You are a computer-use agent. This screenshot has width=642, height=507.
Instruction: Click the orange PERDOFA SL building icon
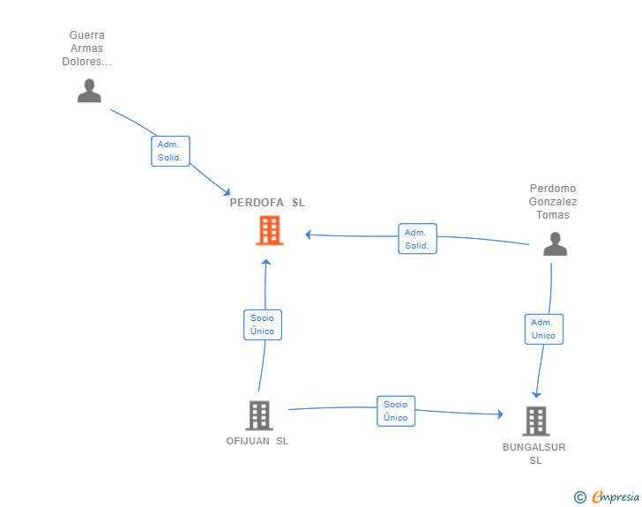pos(270,230)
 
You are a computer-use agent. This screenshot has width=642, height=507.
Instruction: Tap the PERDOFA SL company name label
pos(267,203)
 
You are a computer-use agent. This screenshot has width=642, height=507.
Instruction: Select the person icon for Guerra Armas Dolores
pos(89,91)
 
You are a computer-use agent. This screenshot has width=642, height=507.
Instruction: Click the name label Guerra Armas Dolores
pos(86,48)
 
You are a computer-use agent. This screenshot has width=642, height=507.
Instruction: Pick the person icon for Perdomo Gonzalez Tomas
pos(556,243)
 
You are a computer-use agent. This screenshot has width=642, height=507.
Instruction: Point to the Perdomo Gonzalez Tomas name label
pos(553,202)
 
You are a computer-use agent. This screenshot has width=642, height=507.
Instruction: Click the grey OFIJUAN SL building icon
pos(259,415)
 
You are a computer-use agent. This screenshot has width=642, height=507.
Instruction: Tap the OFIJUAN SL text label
pos(258,441)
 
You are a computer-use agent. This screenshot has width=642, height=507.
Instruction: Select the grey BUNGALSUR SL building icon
pos(536,421)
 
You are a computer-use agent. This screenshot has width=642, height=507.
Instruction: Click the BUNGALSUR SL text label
pos(534,453)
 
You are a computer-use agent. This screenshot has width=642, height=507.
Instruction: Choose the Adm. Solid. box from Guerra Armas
pos(170,151)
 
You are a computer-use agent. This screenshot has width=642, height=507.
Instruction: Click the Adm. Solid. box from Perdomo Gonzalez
pos(418,239)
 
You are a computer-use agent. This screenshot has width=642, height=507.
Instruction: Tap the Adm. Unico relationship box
pos(544,329)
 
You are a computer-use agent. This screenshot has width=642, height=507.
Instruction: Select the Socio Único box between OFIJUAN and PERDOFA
pos(263,324)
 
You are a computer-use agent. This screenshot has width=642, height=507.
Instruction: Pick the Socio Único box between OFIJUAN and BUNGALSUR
pos(396,411)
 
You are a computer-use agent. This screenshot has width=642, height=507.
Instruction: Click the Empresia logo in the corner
pos(616,497)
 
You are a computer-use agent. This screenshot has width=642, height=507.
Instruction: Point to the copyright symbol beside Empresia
pos(579,497)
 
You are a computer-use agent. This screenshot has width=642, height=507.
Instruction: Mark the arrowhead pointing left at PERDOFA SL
pos(309,235)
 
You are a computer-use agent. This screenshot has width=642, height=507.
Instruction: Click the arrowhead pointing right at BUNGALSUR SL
pos(500,414)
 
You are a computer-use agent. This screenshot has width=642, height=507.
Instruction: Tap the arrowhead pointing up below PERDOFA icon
pos(266,262)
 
